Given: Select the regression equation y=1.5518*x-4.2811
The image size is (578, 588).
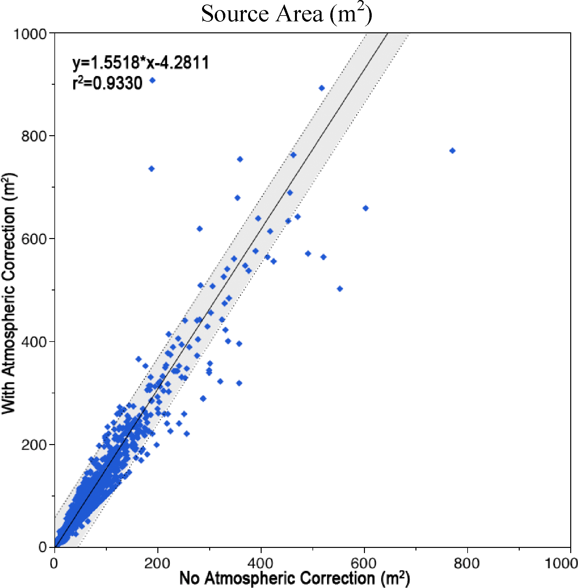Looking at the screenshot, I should tap(141, 62).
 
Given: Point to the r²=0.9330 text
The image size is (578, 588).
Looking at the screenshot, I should tap(107, 83).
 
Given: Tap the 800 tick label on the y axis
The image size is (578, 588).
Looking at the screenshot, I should tap(34, 136).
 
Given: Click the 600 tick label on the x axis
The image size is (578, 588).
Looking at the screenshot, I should tap(364, 563).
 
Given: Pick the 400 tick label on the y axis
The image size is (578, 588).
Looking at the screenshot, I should tap(34, 342).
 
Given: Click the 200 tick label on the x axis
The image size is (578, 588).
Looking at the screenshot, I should tap(157, 563).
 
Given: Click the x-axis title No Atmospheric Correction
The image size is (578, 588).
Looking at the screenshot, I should tap(294, 578).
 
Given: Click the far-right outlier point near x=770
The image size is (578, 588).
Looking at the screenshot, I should tap(452, 151).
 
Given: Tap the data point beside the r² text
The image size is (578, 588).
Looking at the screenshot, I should tap(153, 80).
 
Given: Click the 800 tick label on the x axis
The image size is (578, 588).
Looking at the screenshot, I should tap(467, 563).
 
